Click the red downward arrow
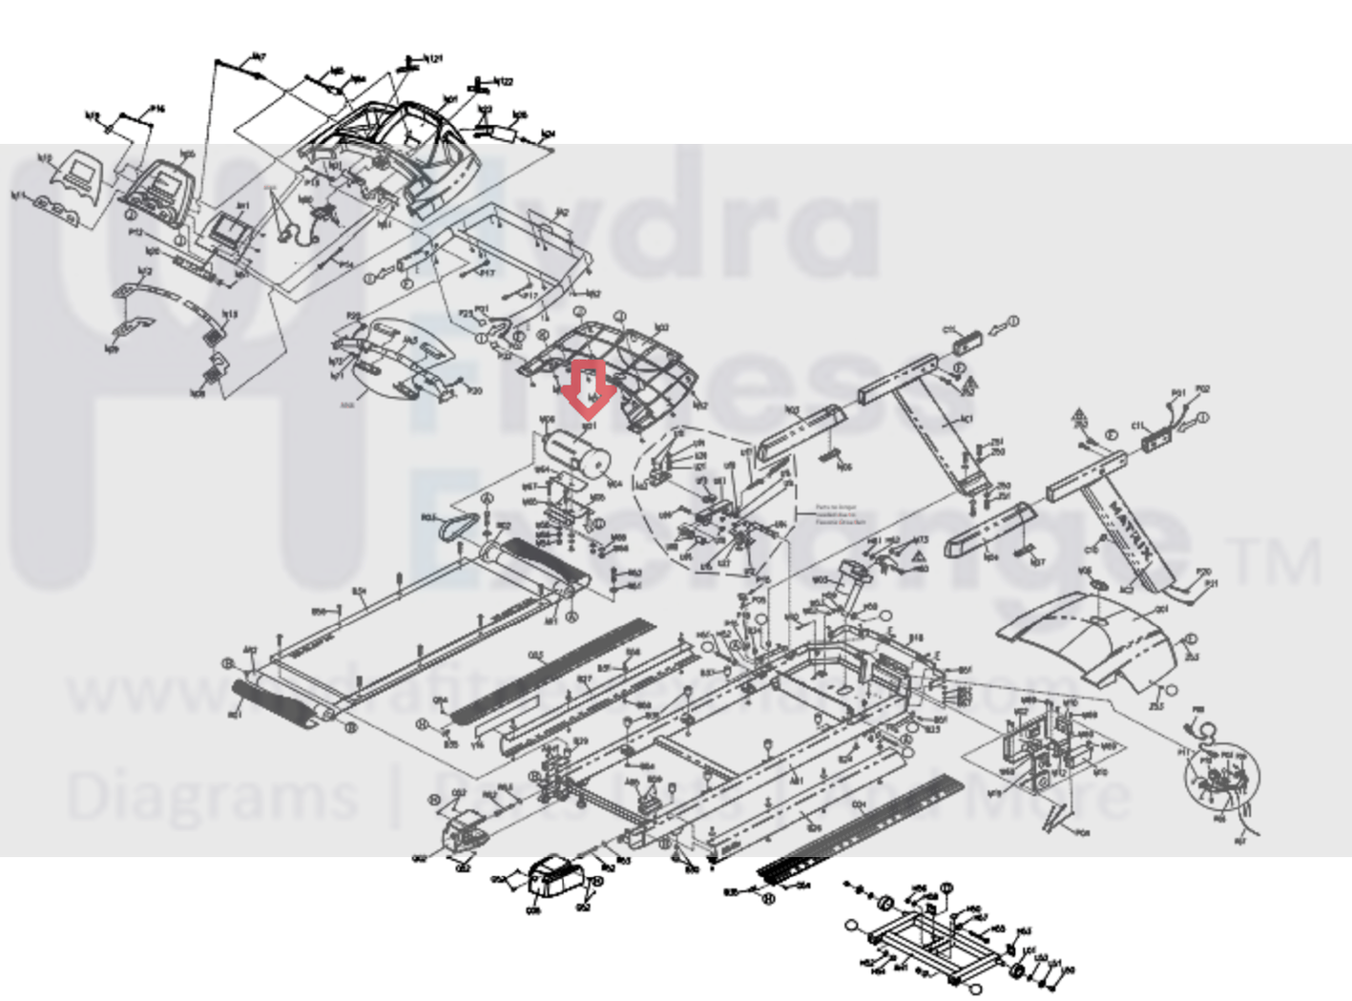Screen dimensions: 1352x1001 pos(589,386)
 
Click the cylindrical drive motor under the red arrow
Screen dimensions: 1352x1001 pos(575,452)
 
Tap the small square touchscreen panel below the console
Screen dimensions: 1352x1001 pos(230,228)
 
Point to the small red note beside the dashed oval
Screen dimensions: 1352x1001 pos(841,515)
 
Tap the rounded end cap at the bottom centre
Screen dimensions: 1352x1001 pos(553,877)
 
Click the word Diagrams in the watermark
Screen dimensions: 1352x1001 pos(211,798)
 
